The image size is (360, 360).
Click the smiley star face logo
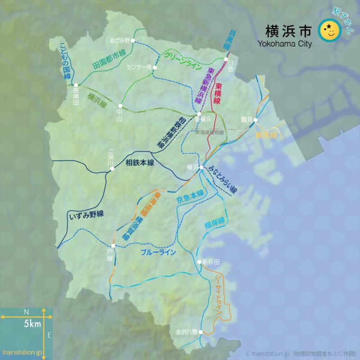329,30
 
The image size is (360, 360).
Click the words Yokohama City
284,44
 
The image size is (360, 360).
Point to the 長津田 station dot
76,85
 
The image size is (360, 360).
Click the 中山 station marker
120,106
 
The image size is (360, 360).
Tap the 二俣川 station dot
112,169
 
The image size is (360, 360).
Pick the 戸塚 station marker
113,246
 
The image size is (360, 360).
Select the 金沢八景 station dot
201,333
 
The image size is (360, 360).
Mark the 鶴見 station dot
255,120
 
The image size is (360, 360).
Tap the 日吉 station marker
226,59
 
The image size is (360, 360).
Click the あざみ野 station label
119,40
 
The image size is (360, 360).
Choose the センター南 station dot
154,67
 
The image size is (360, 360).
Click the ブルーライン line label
158,253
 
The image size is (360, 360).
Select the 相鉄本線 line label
140,162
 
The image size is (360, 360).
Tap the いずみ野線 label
87,215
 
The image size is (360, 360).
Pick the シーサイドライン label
218,294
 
